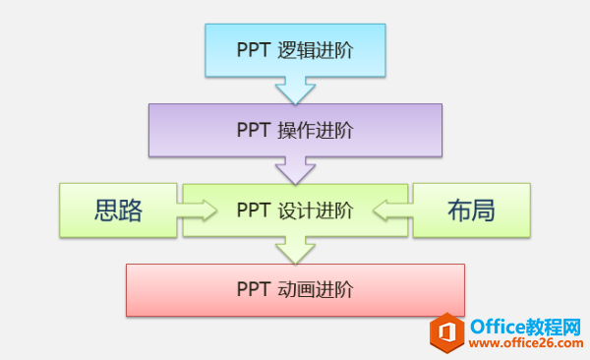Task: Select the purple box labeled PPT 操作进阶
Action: click(x=294, y=129)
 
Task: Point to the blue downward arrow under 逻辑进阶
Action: click(x=294, y=92)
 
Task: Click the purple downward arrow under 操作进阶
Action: click(x=295, y=172)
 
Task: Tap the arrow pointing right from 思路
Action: click(x=198, y=210)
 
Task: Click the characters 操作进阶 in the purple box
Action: click(x=315, y=130)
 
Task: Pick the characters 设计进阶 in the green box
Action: click(x=315, y=210)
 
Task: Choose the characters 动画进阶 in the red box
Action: click(x=315, y=289)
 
